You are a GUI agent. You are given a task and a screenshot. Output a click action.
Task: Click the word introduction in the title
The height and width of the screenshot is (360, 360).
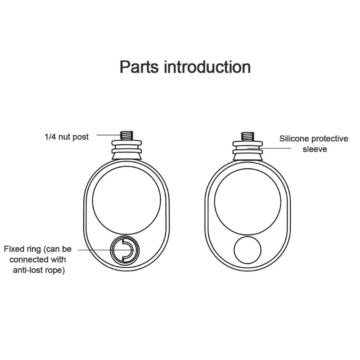pyautogui.click(x=207, y=67)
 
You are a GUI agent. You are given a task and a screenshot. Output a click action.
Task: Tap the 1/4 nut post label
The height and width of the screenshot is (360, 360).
pyautogui.click(x=66, y=137)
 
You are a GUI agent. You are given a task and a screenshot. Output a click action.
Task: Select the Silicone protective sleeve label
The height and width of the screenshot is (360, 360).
pyautogui.click(x=314, y=143)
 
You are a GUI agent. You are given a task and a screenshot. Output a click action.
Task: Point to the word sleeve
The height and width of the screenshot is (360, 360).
pyautogui.click(x=315, y=148)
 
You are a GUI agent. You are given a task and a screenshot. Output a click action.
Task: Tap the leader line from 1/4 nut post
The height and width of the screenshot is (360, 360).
pyautogui.click(x=108, y=135)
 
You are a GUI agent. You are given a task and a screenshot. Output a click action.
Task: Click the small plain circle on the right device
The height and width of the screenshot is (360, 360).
pyautogui.click(x=247, y=251)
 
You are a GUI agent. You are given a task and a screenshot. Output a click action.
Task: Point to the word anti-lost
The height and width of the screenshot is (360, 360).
pyautogui.click(x=27, y=270)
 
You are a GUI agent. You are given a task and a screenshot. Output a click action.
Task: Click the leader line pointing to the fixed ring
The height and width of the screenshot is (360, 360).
pyautogui.click(x=97, y=249)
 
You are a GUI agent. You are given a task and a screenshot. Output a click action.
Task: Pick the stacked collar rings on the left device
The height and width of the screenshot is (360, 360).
pyautogui.click(x=126, y=148)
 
